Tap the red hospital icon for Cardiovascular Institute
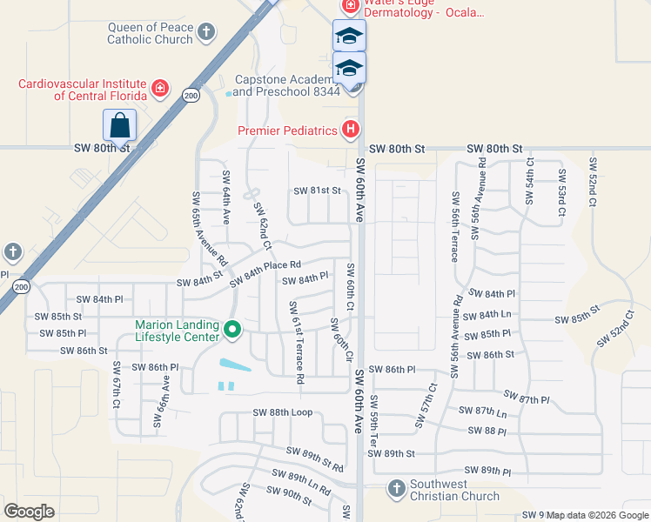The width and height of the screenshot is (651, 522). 160,88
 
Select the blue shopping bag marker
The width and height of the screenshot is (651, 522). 119,126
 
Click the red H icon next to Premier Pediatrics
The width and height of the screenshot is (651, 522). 350,130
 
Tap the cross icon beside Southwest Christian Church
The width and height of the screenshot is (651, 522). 396,487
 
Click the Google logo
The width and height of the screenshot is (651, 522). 29,512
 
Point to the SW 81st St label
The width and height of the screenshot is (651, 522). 315,191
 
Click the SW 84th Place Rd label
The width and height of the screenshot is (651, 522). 265,272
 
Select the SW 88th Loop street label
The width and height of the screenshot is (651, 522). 282,412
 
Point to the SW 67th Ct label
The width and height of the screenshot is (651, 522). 116,385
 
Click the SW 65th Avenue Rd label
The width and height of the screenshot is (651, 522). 197,229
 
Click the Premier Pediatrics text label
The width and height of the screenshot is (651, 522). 287,131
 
